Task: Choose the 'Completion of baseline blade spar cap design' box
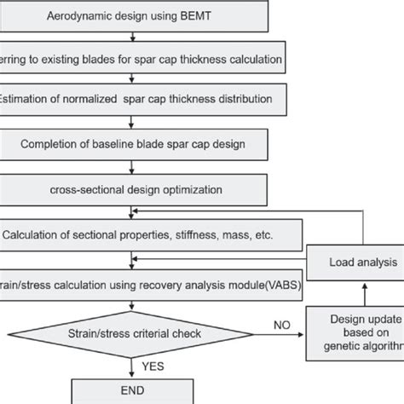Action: [141, 142]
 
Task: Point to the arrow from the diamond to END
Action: [130, 366]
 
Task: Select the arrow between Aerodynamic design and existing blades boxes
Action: [130, 37]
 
